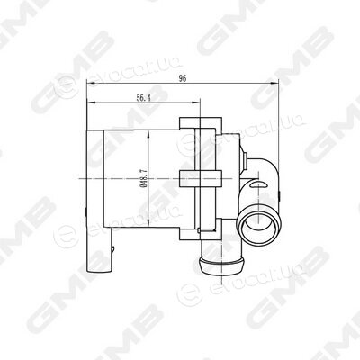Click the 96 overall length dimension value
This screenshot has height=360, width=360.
tap(183, 78)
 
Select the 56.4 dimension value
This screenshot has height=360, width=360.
tap(143, 98)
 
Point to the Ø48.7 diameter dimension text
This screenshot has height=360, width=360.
tap(144, 178)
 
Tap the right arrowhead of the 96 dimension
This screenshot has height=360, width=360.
tap(274, 84)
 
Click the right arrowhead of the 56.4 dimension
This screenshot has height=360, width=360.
tap(195, 103)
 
